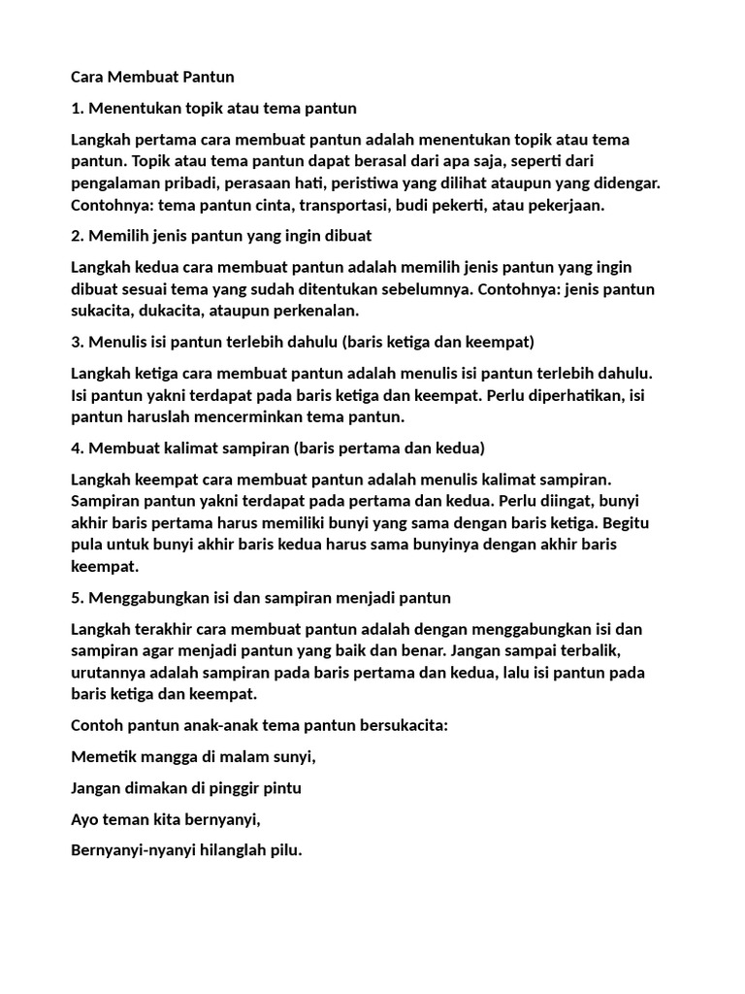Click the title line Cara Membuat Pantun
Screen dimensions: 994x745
tap(153, 76)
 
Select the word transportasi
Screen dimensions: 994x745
tap(344, 205)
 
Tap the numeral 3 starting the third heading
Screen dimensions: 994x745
tap(77, 342)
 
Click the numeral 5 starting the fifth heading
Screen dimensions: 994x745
tap(77, 598)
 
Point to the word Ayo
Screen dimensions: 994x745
tap(86, 820)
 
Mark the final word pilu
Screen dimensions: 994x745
tap(286, 851)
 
